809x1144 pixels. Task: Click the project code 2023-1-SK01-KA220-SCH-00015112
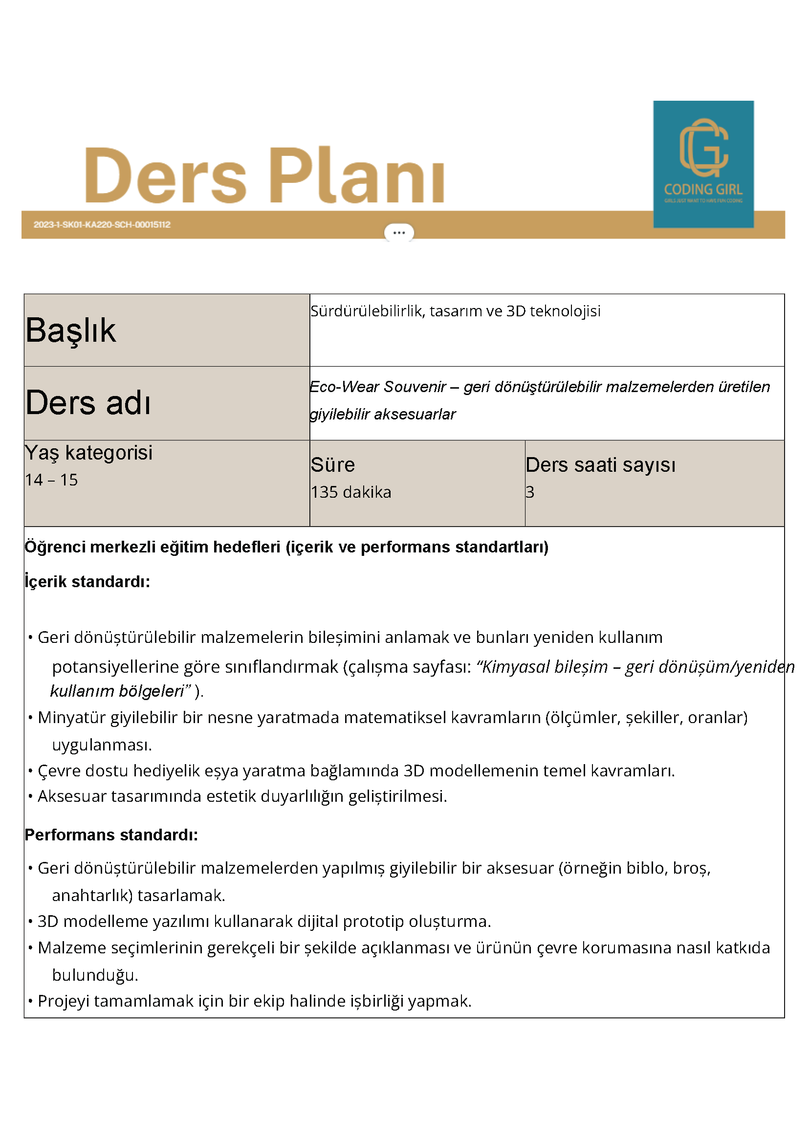102,225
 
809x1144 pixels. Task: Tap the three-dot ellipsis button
398,233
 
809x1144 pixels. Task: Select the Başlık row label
71,330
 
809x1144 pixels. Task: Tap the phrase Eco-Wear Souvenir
377,387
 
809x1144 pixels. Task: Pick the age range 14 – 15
51,480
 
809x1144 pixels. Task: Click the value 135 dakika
350,492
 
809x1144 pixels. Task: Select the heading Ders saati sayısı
600,465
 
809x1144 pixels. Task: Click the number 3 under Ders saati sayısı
530,492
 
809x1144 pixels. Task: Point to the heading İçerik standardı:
87,581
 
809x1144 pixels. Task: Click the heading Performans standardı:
111,835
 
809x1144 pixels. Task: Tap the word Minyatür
72,718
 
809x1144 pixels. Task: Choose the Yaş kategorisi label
88,453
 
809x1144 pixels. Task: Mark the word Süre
332,465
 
